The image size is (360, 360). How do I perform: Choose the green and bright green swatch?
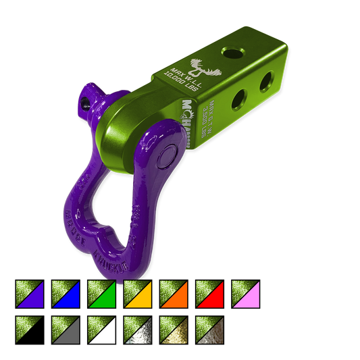point(101,294)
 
